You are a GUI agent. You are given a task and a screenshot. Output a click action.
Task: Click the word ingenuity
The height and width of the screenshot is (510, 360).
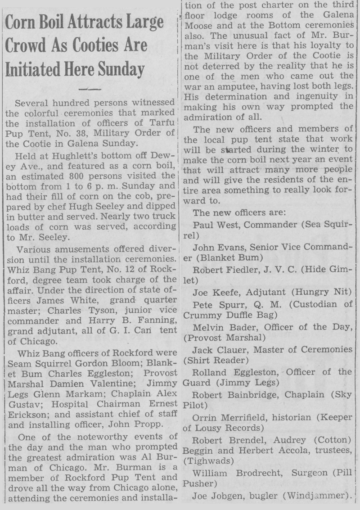point(319,97)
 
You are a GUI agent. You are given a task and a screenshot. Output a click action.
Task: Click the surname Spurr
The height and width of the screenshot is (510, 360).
point(225,304)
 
